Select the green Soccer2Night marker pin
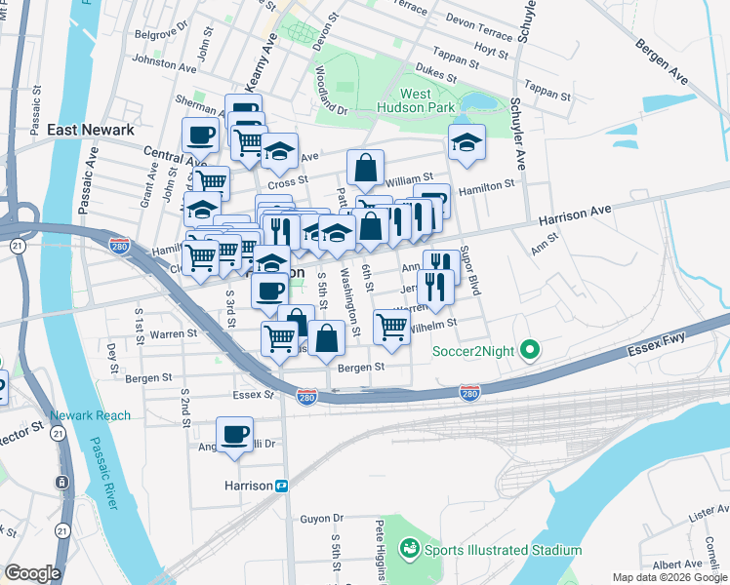point(530,348)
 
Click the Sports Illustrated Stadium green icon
point(409,550)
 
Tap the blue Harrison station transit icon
point(282,485)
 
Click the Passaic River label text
point(103,474)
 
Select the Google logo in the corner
point(32,573)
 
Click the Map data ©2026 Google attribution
point(669,577)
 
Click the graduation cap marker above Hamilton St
point(466,141)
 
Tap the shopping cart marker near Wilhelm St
point(391,326)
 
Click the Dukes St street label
point(435,74)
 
